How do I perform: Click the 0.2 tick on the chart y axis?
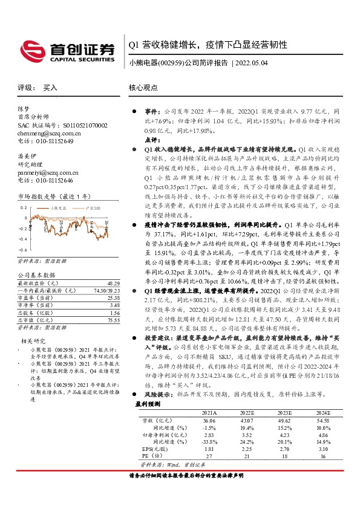point(24,207)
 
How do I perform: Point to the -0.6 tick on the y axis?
point(23,249)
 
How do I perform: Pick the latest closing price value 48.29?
point(111,283)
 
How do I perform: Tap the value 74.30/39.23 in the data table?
point(103,290)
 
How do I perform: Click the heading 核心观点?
point(143,88)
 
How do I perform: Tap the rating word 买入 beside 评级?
point(50,88)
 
